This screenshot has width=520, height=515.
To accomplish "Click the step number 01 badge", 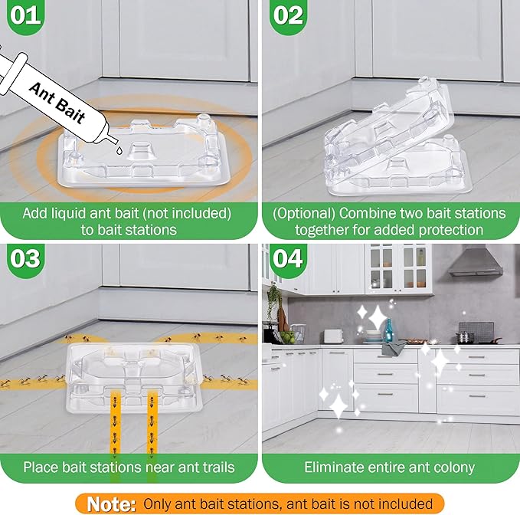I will [x=26, y=16].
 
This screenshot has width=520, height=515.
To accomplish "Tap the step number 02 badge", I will [x=289, y=16].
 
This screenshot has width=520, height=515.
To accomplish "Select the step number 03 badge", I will [x=27, y=257].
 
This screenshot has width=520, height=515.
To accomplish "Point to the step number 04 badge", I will [x=289, y=258].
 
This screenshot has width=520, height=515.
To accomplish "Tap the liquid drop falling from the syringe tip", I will [x=116, y=152].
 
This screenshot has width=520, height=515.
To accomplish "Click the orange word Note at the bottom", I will [x=111, y=504].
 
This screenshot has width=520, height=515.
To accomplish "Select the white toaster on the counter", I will [x=333, y=336].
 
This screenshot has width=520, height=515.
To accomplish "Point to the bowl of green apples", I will [x=286, y=336].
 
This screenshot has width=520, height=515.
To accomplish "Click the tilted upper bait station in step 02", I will [x=383, y=126].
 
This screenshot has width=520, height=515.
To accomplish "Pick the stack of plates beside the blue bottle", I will [x=374, y=337].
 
